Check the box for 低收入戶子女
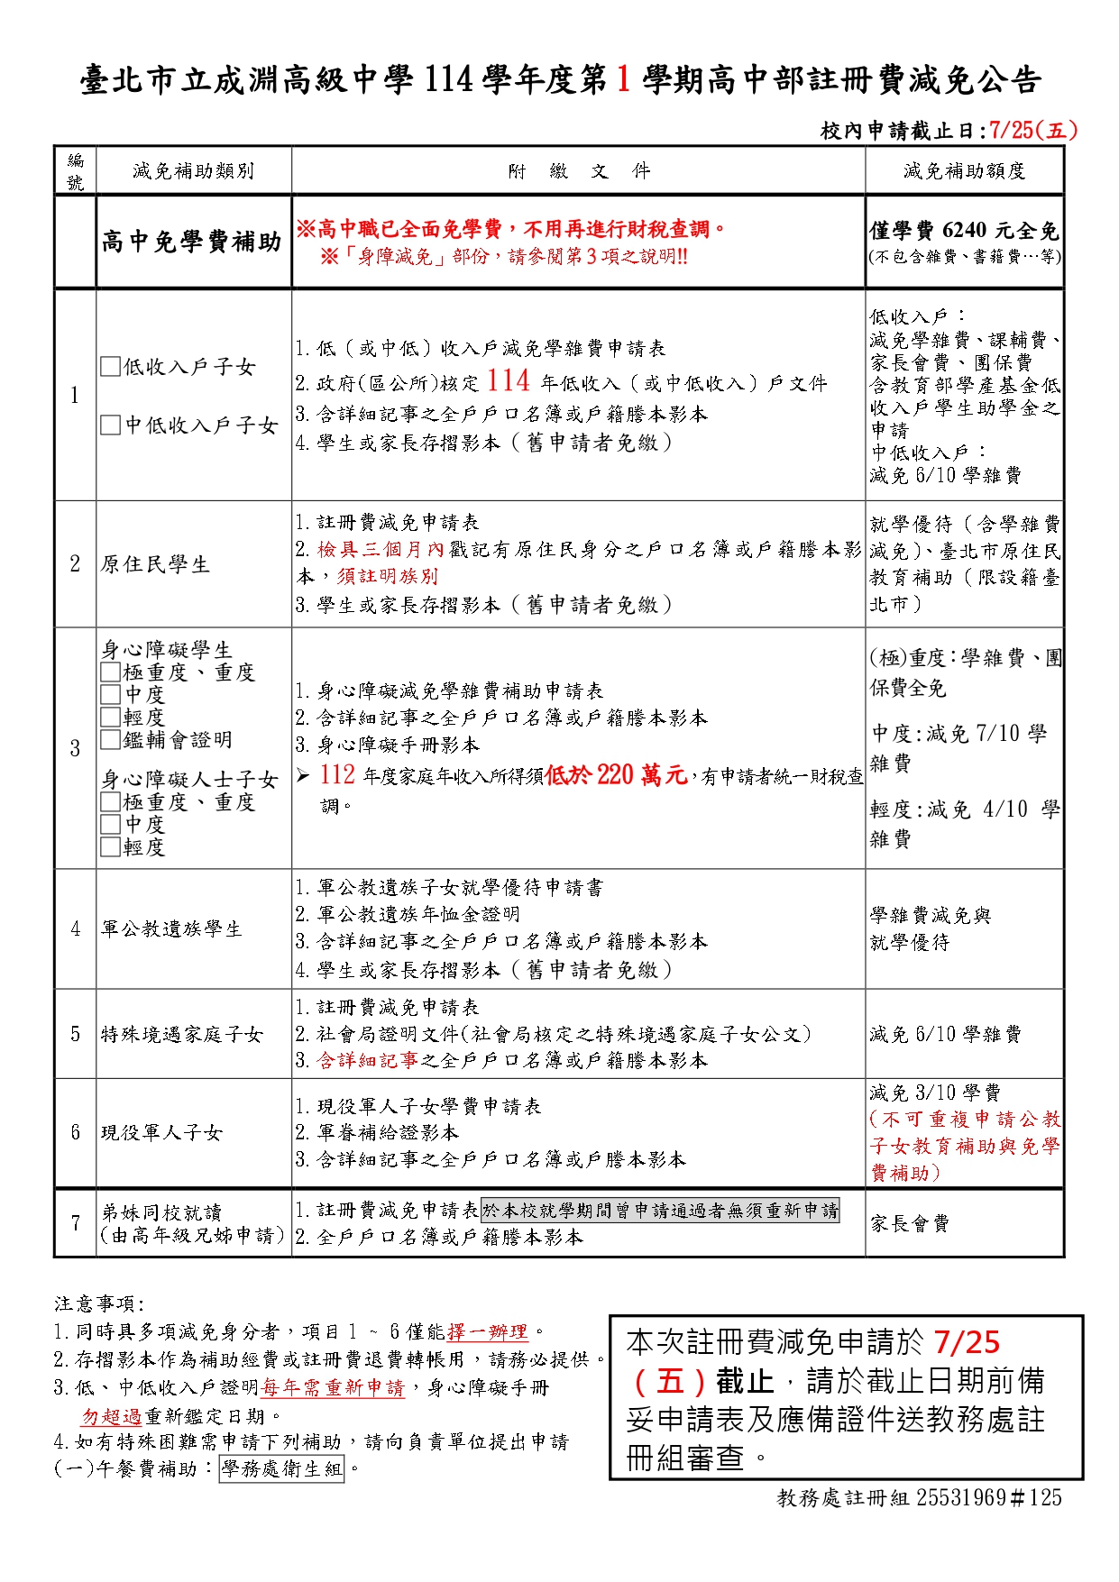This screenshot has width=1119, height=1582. [x=110, y=367]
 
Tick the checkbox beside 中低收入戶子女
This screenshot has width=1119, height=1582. [x=110, y=425]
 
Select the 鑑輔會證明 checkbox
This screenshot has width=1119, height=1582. [x=110, y=740]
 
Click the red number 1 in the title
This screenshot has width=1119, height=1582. [x=623, y=80]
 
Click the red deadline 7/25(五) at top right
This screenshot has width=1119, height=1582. [x=1033, y=131]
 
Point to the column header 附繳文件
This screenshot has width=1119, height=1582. [x=578, y=171]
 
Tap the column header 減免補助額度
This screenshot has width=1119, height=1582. [x=964, y=171]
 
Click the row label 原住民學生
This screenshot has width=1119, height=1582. [x=155, y=565]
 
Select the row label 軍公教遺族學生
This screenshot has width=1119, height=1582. [x=171, y=929]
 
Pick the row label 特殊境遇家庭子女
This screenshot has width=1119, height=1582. [x=181, y=1035]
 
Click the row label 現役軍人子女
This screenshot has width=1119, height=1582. [x=161, y=1133]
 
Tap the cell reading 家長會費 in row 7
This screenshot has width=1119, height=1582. [x=909, y=1224]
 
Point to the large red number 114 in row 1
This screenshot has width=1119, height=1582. [x=509, y=381]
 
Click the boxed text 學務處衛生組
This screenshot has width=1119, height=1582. [x=281, y=1469]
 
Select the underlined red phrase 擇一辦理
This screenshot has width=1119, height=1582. [x=487, y=1332]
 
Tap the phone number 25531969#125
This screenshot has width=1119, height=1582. [x=989, y=1498]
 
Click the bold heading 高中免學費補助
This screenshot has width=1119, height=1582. [x=192, y=242]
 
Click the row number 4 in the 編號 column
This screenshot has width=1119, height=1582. [x=76, y=929]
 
